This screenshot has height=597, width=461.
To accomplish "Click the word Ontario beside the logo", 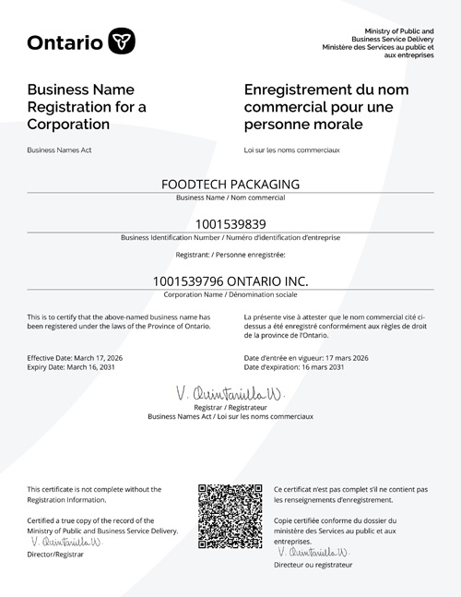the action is coord(65,42).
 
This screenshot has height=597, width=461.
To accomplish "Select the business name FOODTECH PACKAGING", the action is coord(230,184).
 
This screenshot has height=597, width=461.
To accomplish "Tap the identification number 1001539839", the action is coord(230,223).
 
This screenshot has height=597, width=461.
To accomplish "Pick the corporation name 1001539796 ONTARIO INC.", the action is coord(230,280).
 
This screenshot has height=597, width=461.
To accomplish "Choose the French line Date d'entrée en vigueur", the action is coord(306,357).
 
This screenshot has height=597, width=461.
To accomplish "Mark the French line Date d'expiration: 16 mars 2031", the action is coord(294,367).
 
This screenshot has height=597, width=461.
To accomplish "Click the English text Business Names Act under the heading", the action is coord(59,149).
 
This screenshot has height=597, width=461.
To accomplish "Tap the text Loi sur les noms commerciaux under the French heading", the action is coord(289,149).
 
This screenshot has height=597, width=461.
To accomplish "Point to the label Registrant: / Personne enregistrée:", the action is coord(230,254).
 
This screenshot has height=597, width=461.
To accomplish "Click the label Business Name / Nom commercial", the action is coord(230,197).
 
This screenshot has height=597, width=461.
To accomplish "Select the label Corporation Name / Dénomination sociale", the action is coord(230,294).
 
